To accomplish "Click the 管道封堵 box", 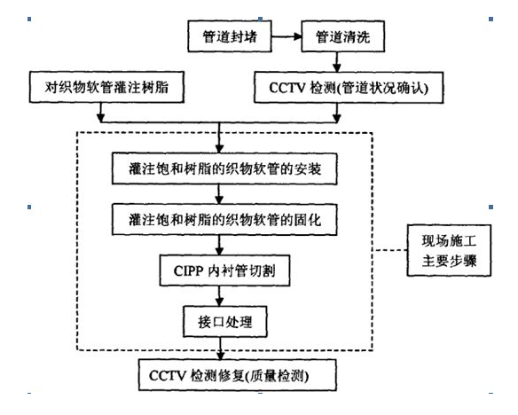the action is tap(230, 36).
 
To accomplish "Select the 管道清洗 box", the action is tap(343, 36).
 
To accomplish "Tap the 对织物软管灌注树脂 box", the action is tap(106, 87).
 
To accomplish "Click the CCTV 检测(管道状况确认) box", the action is tap(349, 88).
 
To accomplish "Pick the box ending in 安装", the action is tap(224, 168).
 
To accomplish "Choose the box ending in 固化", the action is tap(224, 220).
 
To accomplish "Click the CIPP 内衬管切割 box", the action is tap(224, 270).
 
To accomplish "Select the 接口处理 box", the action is tap(225, 322).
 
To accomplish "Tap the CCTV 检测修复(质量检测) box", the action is tap(237, 375).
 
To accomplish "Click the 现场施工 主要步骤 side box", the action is tap(449, 250).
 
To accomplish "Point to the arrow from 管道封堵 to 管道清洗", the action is tap(286, 36).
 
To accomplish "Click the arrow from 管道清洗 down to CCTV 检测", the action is tap(337, 62).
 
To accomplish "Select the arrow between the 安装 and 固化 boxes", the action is tap(219, 194).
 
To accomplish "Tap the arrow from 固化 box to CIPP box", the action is tap(219, 245).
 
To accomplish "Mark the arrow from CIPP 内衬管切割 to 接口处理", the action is tap(219, 296).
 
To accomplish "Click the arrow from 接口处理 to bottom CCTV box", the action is tap(220, 348).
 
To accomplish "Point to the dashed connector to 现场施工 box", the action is tap(389, 250).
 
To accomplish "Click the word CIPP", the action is tap(188, 271).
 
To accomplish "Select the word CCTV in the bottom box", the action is tap(168, 376).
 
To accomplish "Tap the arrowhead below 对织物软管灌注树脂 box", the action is tap(101, 118).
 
